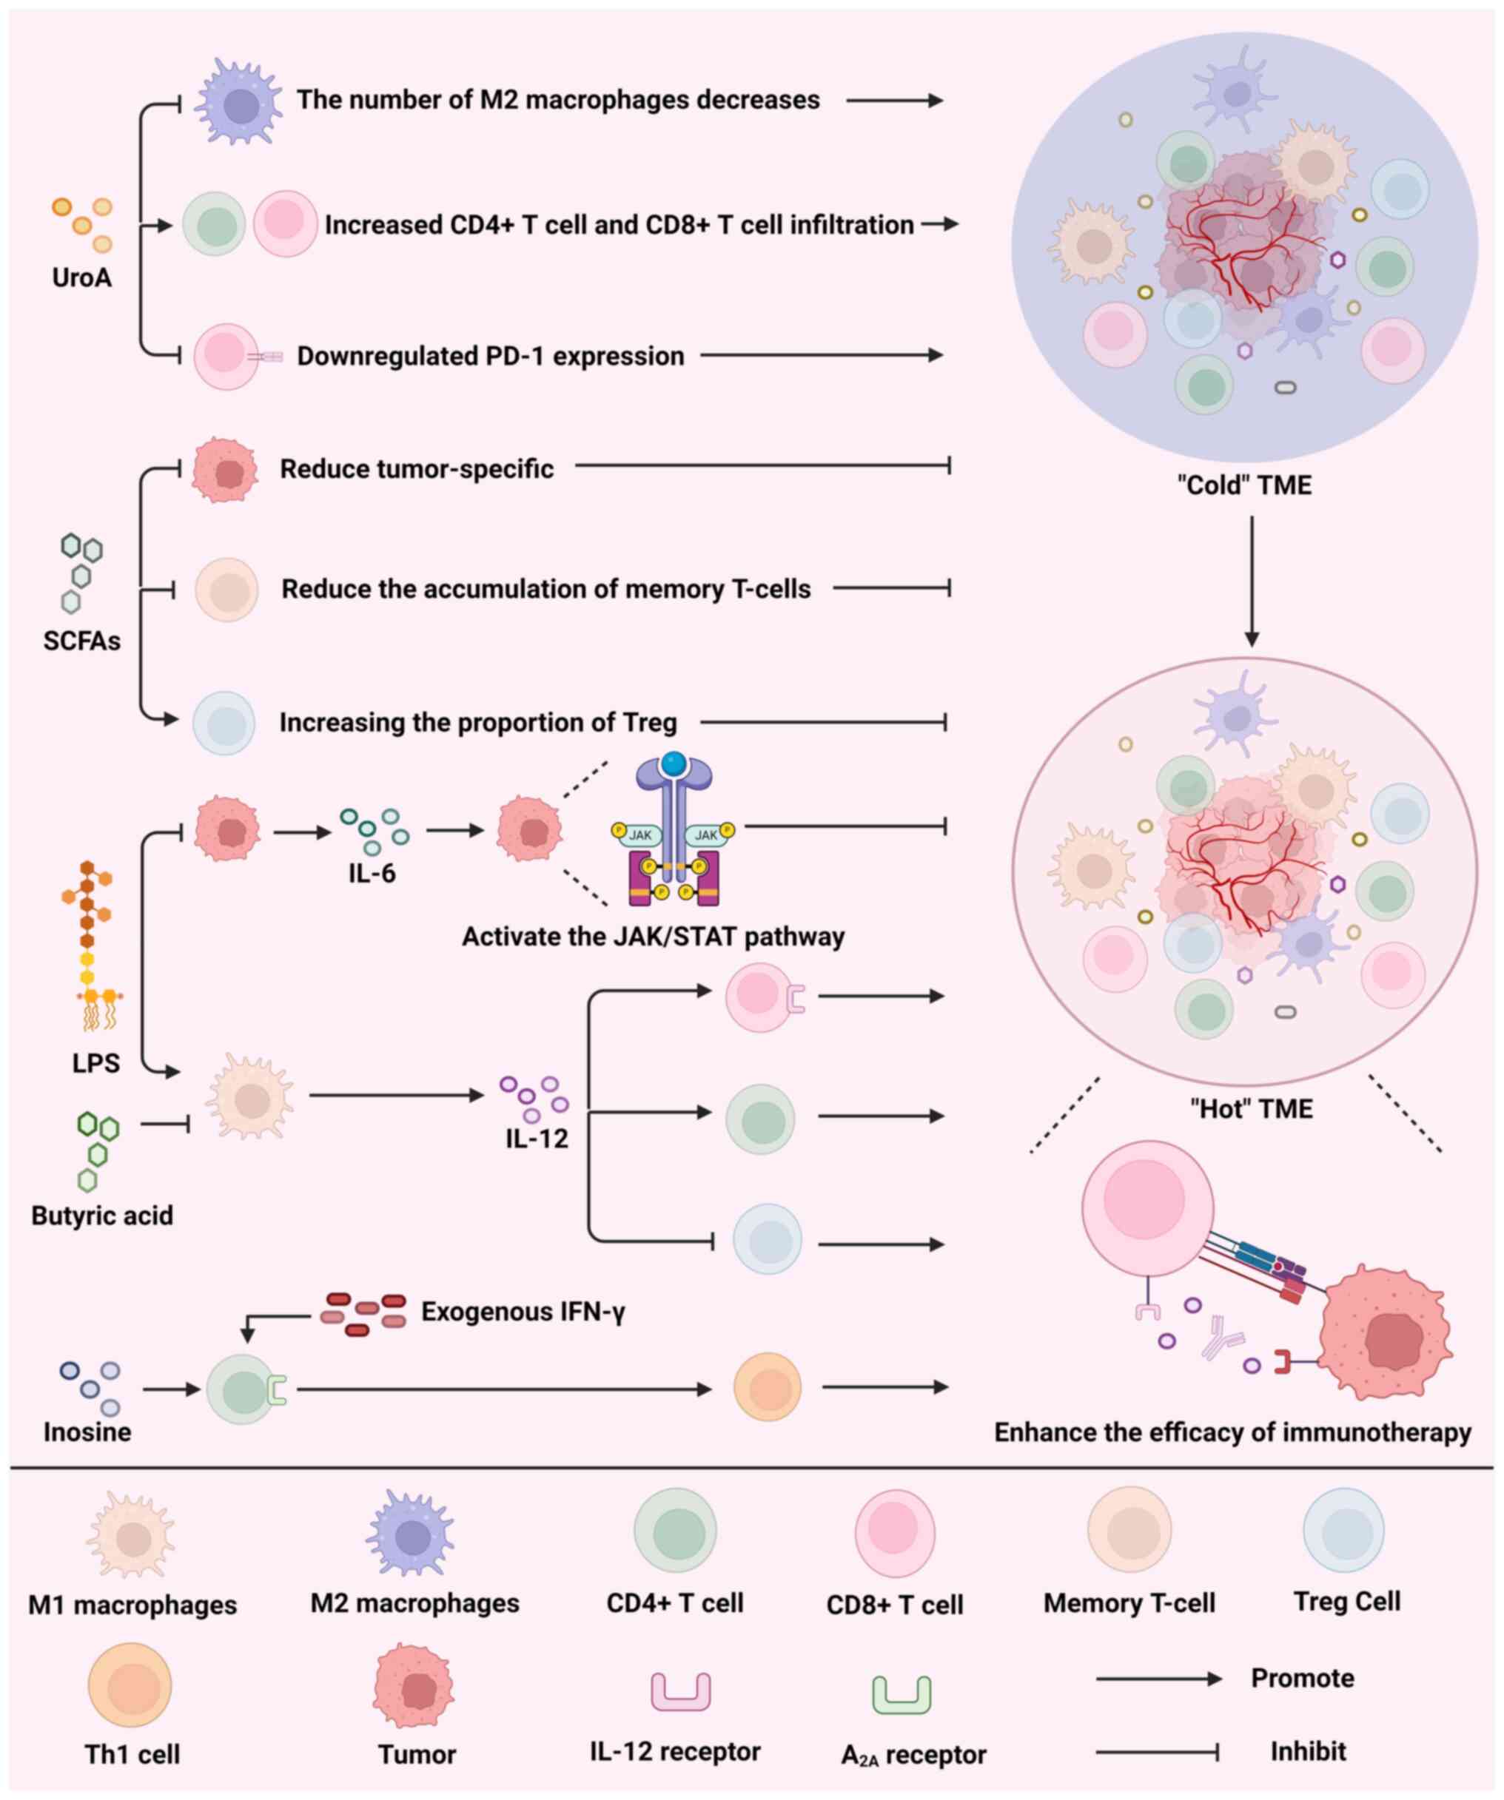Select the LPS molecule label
pos(96,1063)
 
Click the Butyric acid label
pos(102,1216)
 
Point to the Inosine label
pos(87,1432)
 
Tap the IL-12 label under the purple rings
pos(536,1139)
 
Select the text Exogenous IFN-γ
pos(523,1312)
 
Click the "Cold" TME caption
pos(1244,485)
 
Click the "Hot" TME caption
pos(1251,1109)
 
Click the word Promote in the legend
pos(1303,1678)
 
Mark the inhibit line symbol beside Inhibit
pos(1158,1752)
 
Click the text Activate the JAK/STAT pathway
pos(654,936)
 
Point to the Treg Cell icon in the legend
pos(1343,1531)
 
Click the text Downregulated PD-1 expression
pos(491,356)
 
